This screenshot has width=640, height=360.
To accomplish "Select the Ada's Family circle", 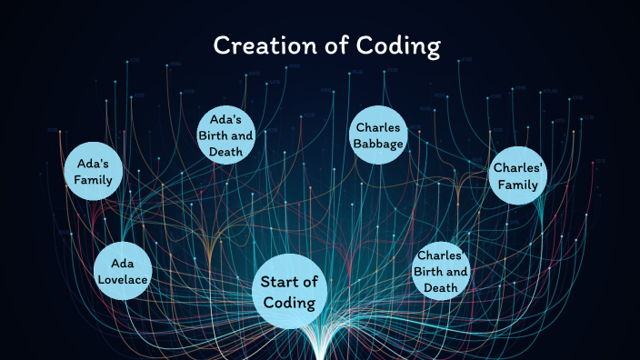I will (95, 171).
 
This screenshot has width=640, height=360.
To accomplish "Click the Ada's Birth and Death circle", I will (225, 136).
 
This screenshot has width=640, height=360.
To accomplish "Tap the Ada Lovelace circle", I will (123, 271).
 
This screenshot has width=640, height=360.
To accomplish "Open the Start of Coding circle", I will (288, 291).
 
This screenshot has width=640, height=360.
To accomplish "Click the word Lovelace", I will (123, 279).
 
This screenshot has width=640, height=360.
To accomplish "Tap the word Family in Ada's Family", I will (95, 179).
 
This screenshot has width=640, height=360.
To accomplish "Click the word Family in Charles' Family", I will (517, 185).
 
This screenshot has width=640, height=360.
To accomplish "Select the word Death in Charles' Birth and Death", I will (441, 287).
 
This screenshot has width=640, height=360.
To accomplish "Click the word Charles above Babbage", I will (378, 128).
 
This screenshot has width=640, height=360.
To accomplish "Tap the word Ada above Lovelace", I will (123, 263).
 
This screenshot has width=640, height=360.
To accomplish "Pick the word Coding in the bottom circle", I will (288, 302).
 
